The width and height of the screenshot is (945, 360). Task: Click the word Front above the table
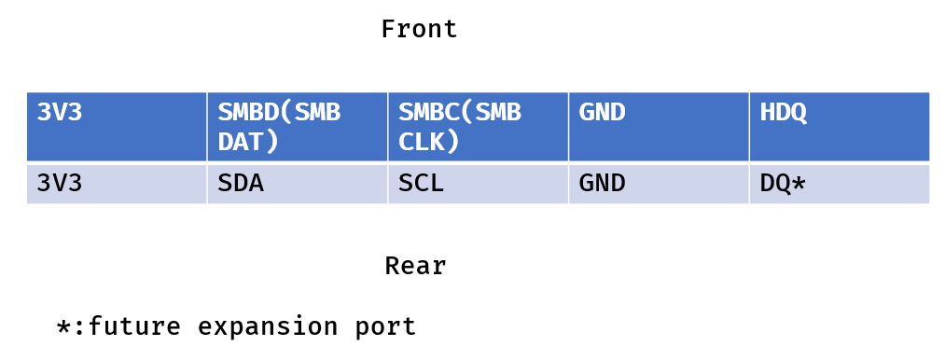(x=420, y=29)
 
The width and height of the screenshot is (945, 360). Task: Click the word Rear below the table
(x=416, y=266)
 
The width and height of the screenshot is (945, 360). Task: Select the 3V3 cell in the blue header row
(x=117, y=127)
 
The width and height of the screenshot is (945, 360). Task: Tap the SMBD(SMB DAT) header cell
(x=298, y=127)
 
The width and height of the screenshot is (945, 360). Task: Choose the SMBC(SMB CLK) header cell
(x=478, y=127)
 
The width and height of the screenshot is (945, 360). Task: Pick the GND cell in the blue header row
(x=659, y=127)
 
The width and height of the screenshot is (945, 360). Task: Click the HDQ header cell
(x=840, y=127)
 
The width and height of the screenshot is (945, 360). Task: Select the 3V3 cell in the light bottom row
(x=117, y=184)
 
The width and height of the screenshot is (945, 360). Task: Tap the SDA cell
(x=298, y=184)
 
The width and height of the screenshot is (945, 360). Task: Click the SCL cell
(x=478, y=184)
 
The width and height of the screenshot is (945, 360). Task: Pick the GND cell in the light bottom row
(x=659, y=184)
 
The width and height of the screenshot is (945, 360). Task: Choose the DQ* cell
(x=840, y=184)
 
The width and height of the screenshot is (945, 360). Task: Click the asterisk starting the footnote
(x=63, y=326)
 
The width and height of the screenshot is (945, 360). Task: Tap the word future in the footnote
(x=134, y=326)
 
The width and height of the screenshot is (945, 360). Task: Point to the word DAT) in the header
(x=248, y=142)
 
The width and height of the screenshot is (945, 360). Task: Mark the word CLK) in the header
(x=429, y=142)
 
